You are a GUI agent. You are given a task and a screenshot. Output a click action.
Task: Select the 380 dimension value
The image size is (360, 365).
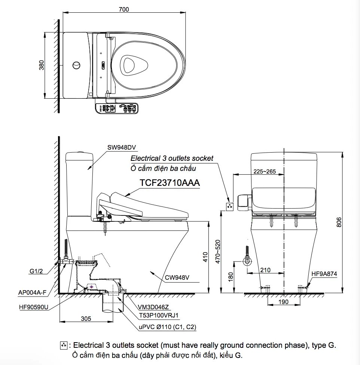point(42,65)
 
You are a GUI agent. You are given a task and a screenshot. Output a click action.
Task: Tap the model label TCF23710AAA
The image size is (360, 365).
point(170,183)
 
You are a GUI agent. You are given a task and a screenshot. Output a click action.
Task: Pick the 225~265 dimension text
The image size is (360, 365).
point(264,172)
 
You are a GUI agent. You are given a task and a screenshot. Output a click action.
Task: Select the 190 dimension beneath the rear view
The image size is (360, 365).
point(283,302)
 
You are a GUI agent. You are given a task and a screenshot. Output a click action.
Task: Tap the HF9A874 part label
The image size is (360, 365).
point(324,274)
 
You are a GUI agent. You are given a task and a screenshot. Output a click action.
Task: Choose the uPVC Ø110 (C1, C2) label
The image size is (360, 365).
point(167,327)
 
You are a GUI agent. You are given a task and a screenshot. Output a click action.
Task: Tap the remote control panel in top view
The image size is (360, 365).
point(117,108)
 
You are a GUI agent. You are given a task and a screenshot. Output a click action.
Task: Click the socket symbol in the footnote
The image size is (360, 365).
point(64,345)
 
